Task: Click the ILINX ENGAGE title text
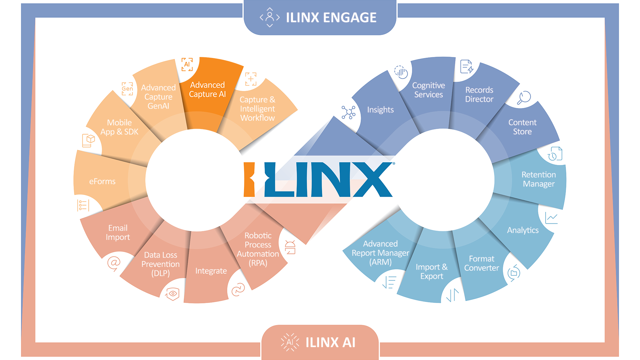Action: [331, 17]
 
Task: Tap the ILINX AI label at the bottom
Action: [330, 342]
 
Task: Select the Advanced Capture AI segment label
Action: [207, 90]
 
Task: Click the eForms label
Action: [102, 181]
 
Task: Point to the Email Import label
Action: [118, 233]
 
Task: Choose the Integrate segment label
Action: [211, 271]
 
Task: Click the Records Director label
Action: [479, 95]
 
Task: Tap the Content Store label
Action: [522, 127]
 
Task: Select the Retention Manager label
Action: [539, 179]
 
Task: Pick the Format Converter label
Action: [482, 263]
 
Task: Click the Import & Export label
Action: [432, 272]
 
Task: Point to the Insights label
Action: [380, 110]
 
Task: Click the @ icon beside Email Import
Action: [114, 263]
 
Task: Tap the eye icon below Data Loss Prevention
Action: [173, 294]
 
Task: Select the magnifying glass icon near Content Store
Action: [524, 98]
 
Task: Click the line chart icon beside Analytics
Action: [551, 218]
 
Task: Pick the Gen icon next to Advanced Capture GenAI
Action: [127, 89]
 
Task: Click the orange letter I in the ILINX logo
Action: [249, 179]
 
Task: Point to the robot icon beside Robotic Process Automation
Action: [290, 247]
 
